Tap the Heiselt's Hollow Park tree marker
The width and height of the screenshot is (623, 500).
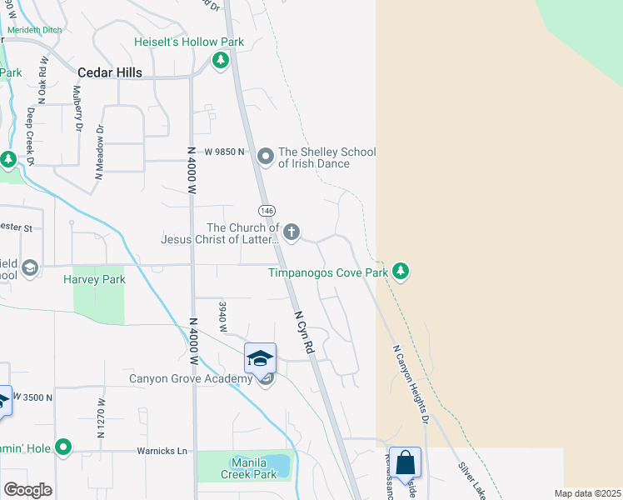pyautogui.click(x=221, y=60)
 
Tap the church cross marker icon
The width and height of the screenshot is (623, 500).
pyautogui.click(x=292, y=232)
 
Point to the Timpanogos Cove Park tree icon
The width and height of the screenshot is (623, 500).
pyautogui.click(x=401, y=272)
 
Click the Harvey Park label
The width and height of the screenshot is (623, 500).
pyautogui.click(x=94, y=279)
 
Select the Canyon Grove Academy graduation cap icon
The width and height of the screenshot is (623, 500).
pyautogui.click(x=260, y=358)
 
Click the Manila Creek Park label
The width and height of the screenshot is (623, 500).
pyautogui.click(x=249, y=468)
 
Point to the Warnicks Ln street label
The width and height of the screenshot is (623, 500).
pyautogui.click(x=162, y=452)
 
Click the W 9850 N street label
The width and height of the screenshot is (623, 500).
pyautogui.click(x=223, y=152)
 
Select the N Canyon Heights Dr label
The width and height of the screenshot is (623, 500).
pyautogui.click(x=409, y=384)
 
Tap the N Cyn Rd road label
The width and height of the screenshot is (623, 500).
pyautogui.click(x=304, y=334)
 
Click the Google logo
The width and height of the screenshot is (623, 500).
pyautogui.click(x=27, y=490)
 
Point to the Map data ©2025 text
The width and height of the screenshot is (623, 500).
pyautogui.click(x=587, y=493)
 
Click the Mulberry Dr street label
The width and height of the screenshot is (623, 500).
pyautogui.click(x=78, y=109)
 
